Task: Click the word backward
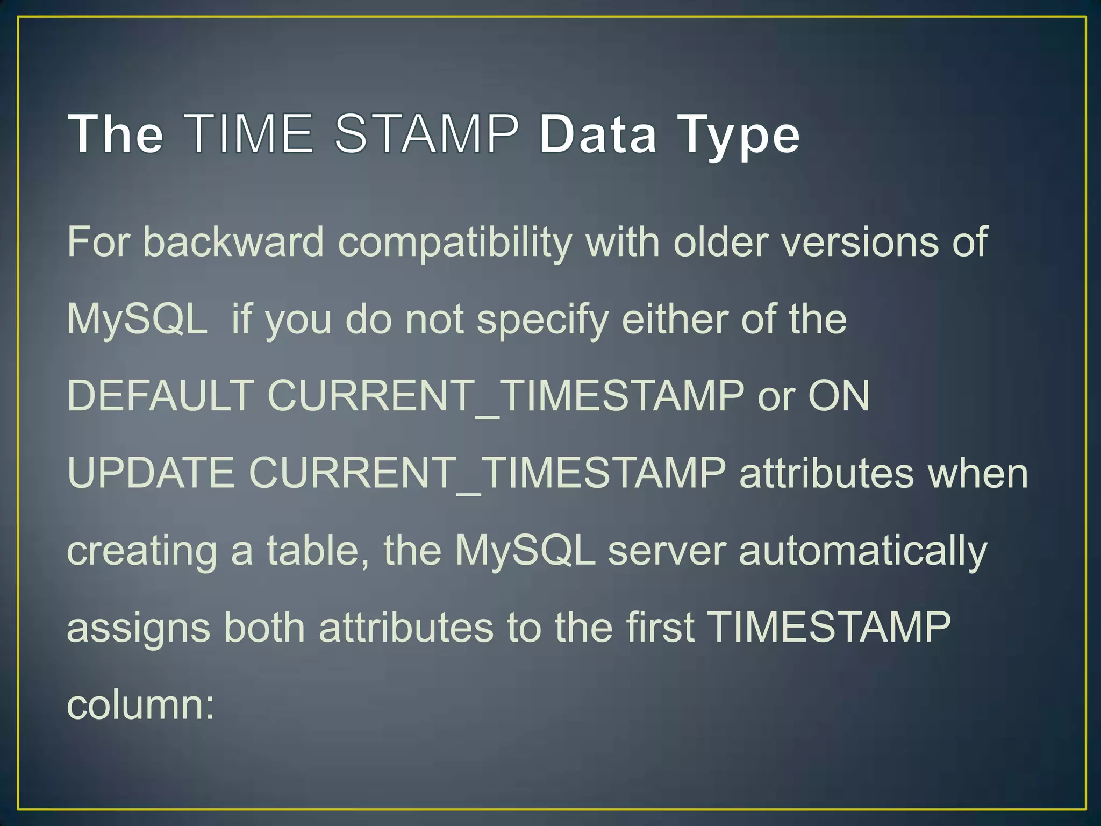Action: tap(234, 242)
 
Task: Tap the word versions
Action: tap(860, 242)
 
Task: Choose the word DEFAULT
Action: tap(161, 396)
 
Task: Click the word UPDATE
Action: tap(151, 473)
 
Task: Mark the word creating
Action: tap(142, 552)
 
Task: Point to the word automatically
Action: tap(863, 552)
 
